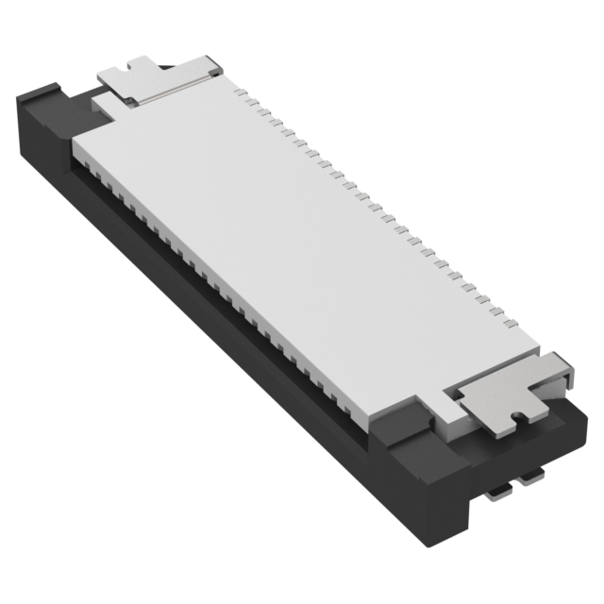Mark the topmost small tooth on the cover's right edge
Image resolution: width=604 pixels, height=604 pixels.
click(243, 94)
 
